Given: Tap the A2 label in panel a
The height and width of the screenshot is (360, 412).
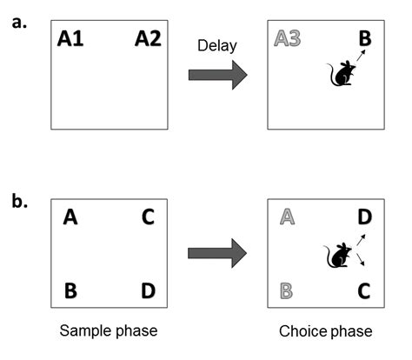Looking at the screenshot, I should click(148, 39).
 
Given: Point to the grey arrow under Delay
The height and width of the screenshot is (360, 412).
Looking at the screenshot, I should click(217, 75).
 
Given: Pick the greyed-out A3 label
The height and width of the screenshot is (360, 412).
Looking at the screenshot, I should click(288, 39).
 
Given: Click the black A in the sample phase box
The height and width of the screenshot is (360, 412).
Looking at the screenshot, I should click(71, 219).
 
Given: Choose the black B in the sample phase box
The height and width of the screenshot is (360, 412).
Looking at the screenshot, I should click(71, 290).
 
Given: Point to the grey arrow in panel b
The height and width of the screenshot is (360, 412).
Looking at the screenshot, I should click(217, 255).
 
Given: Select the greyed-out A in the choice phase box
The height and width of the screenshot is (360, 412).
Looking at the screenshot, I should click(287, 219).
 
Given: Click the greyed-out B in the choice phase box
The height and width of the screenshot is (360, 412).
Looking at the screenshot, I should click(287, 290).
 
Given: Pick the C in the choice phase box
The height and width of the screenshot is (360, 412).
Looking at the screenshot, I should click(365, 290).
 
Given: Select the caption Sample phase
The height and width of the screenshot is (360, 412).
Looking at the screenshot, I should click(109, 331).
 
